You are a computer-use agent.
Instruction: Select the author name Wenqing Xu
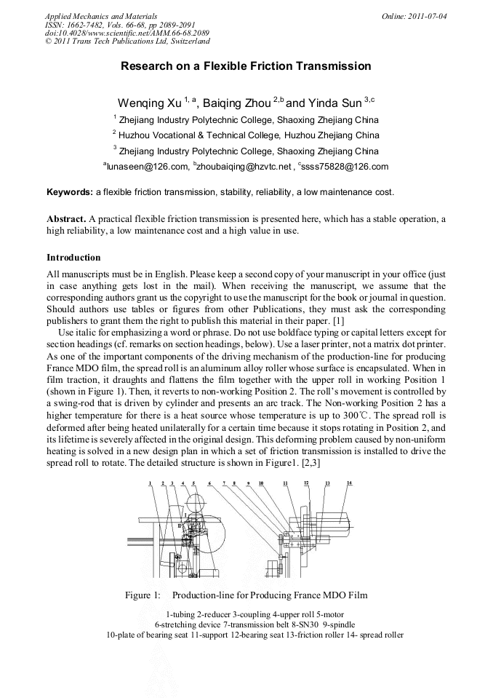[x=150, y=103]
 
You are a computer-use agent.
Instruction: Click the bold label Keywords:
[x=69, y=192]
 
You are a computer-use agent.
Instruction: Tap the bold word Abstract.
[x=66, y=218]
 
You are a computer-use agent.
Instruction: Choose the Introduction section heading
[x=73, y=258]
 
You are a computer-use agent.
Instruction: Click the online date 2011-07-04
[x=428, y=16]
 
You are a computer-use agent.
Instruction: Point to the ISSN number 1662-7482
[x=86, y=23]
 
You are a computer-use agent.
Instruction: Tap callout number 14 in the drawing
[x=349, y=483]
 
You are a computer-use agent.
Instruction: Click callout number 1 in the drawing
[x=151, y=483]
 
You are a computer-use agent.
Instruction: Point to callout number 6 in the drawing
[x=209, y=483]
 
